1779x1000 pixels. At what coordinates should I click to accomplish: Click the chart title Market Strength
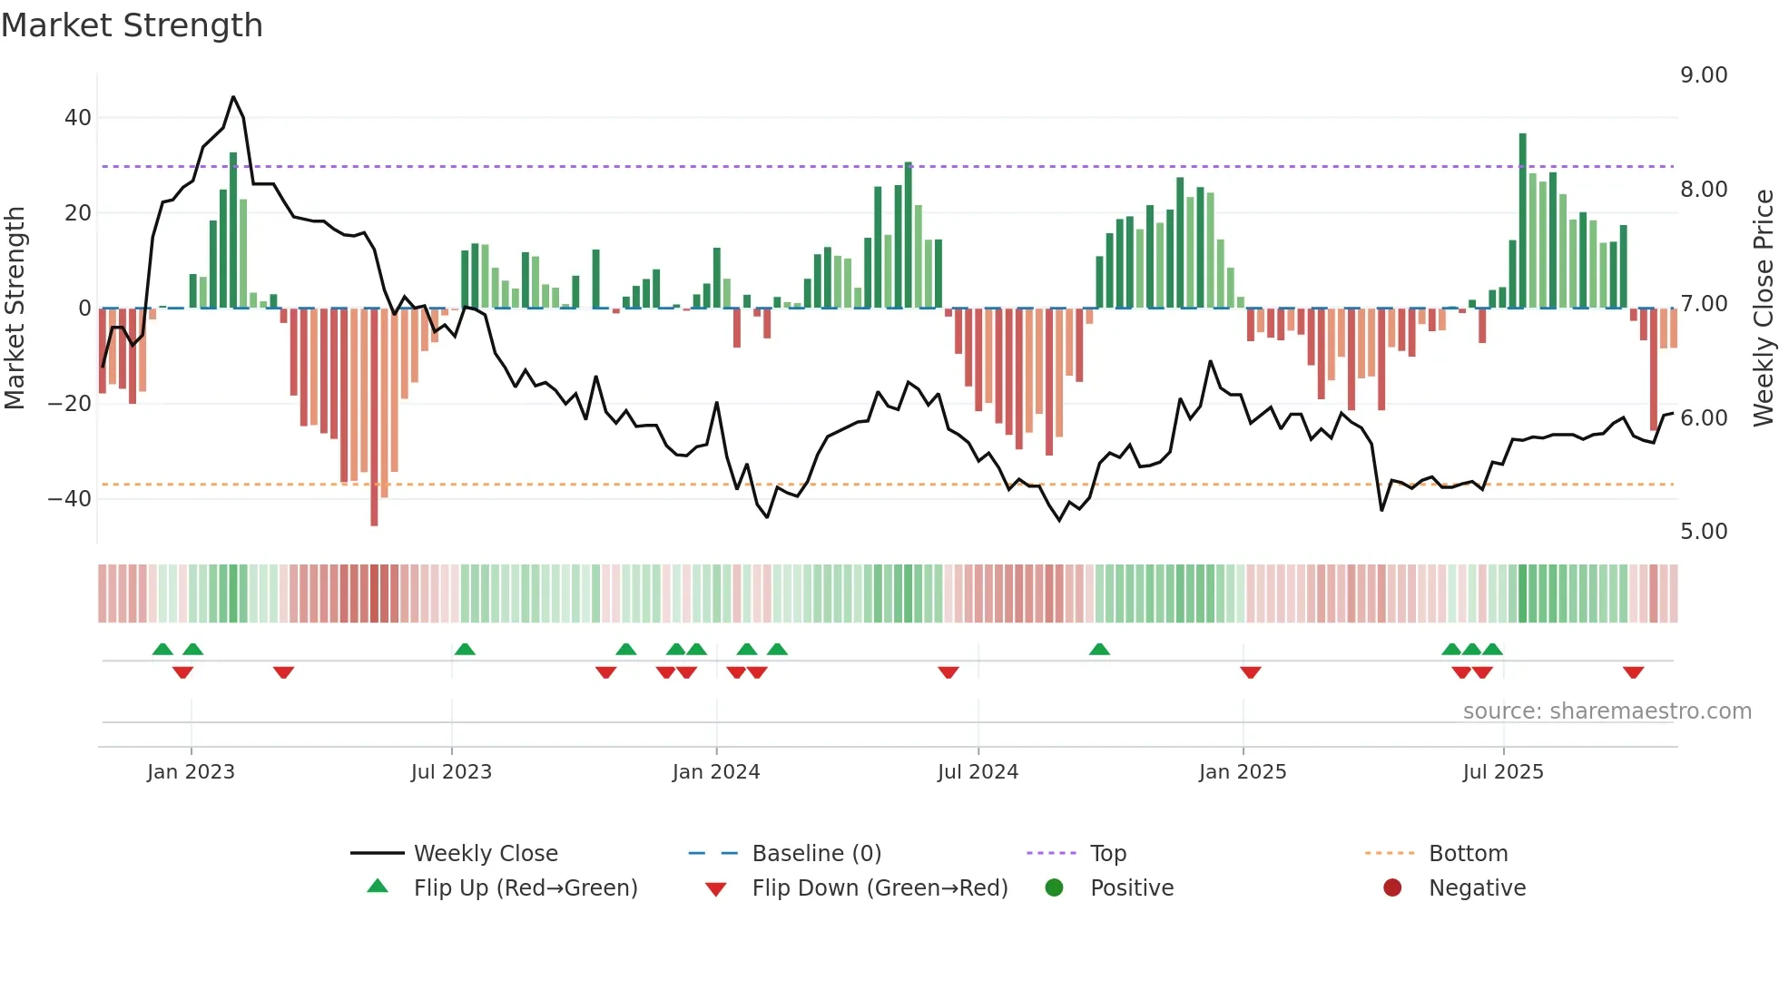[132, 25]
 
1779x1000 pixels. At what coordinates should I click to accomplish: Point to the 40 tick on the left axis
[77, 118]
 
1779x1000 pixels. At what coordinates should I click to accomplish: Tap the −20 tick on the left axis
[70, 403]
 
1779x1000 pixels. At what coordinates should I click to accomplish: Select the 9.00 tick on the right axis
[1703, 75]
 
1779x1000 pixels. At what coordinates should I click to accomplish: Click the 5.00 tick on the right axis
[1703, 532]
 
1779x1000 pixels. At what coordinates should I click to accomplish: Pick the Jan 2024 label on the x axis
[715, 772]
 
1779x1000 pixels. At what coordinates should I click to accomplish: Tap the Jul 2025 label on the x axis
[1502, 772]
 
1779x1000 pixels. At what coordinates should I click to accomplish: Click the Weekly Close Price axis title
[1763, 309]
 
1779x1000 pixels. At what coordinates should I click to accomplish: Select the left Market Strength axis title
[15, 309]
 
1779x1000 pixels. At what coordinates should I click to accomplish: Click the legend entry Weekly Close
[485, 854]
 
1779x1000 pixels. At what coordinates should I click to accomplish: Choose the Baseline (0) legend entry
[816, 854]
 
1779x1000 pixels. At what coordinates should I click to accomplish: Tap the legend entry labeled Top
[1107, 854]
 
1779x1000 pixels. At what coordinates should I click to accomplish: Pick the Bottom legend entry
[1468, 854]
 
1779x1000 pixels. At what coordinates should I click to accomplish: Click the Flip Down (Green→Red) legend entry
[879, 888]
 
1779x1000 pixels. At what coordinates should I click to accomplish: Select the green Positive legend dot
[1054, 888]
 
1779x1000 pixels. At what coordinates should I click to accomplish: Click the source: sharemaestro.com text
[1607, 711]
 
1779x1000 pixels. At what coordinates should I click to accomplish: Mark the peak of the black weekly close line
[233, 97]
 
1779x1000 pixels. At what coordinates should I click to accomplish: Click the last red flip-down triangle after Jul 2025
[1633, 672]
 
